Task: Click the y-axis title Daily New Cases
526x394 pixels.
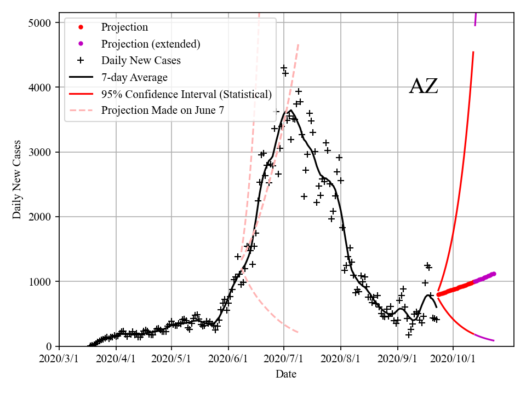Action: click(17, 179)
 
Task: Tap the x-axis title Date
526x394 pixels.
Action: click(286, 374)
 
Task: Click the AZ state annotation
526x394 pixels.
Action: click(424, 86)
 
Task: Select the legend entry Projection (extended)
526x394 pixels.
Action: click(151, 44)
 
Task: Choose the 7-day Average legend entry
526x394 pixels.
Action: click(134, 77)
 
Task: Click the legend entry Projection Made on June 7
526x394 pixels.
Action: click(163, 111)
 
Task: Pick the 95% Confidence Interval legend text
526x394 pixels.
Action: click(186, 94)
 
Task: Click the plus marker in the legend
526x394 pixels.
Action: click(81, 60)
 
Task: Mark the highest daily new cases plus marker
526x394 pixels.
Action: click(283, 68)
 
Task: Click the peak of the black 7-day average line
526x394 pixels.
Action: click(290, 110)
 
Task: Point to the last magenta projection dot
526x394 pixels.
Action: click(494, 274)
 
